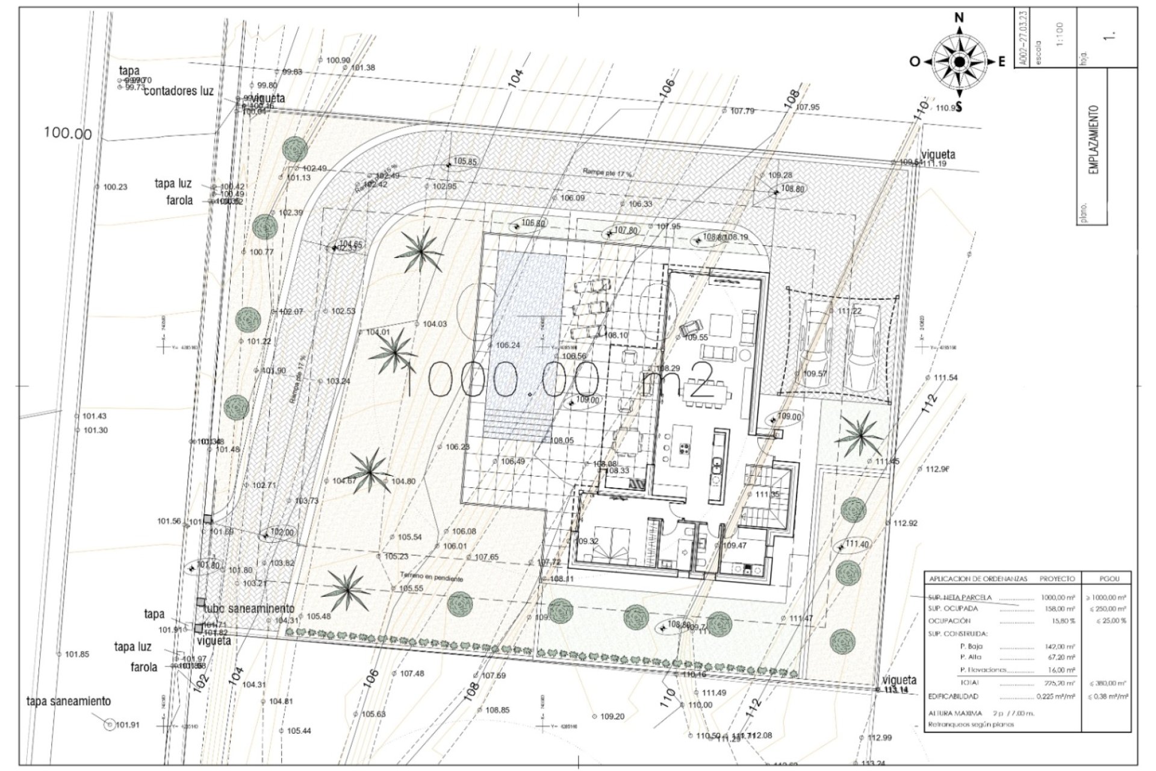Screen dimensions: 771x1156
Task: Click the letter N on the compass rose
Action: [x=959, y=19]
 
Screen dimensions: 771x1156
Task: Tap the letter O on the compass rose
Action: [x=914, y=61]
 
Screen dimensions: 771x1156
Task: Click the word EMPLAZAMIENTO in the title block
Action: [x=1094, y=140]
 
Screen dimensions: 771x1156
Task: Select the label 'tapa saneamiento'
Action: [x=68, y=701]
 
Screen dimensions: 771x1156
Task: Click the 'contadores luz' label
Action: [x=179, y=91]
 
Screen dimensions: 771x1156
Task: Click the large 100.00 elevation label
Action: [x=69, y=133]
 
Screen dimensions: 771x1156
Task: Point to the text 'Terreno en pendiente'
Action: [x=430, y=576]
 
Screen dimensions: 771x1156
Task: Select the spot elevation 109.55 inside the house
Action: [x=697, y=337]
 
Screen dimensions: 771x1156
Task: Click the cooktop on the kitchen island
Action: [x=685, y=448]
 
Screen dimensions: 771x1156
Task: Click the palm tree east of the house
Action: [x=860, y=435]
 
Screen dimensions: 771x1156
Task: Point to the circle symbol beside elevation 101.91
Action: [x=109, y=725]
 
